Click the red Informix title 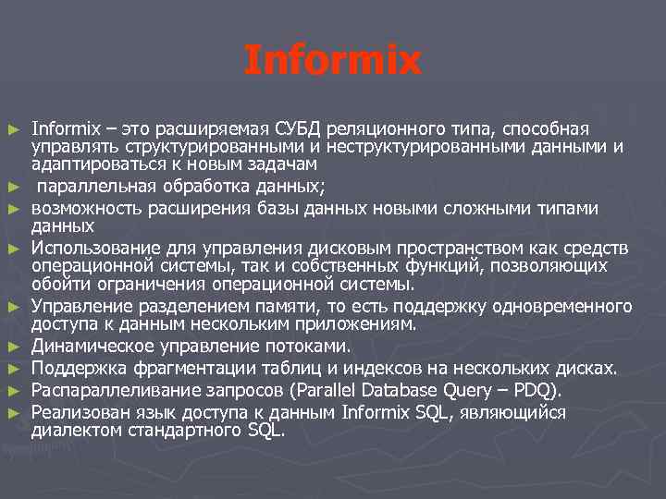332,62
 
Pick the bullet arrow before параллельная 12,188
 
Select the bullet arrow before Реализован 12,414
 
